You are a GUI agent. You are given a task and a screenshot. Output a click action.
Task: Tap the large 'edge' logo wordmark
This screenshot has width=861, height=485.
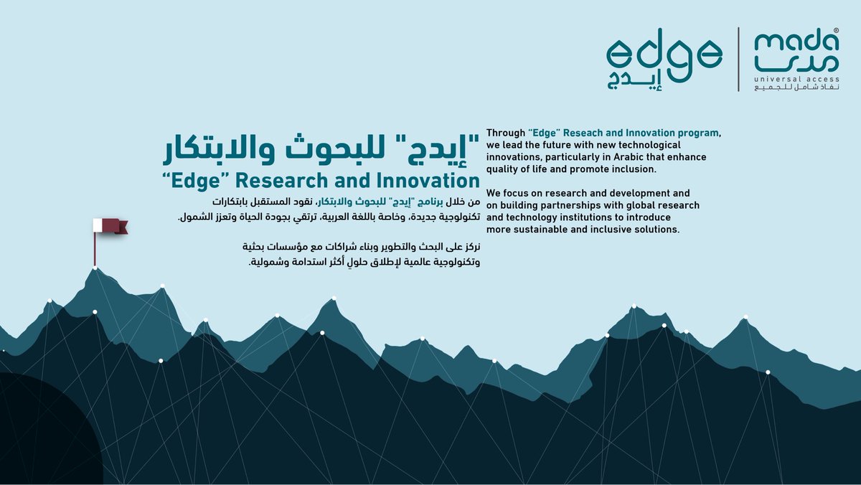click(x=664, y=53)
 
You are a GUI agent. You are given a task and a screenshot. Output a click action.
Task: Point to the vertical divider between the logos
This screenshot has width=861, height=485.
click(x=739, y=59)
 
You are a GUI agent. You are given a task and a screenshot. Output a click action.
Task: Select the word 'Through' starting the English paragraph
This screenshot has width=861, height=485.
click(x=506, y=133)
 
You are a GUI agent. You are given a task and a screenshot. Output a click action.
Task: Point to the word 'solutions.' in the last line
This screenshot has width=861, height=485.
click(x=654, y=230)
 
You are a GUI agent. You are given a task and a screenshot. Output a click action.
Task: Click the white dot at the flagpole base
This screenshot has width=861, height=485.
click(x=95, y=268)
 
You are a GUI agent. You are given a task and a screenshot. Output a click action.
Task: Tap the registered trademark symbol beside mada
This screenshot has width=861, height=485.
click(x=836, y=32)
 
